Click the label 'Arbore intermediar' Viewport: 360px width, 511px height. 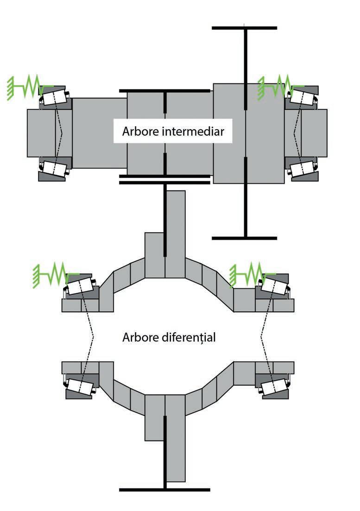[x=173, y=132]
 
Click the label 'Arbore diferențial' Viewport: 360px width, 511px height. [x=169, y=337]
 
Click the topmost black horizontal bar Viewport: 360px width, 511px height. [x=244, y=28]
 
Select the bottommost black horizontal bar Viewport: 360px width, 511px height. [x=164, y=490]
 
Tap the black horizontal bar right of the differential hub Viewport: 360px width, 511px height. [x=244, y=238]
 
